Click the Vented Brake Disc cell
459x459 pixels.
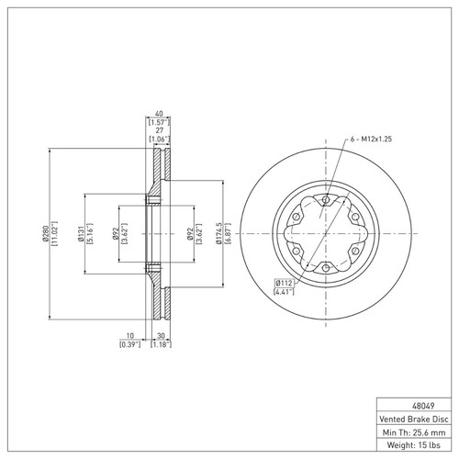click(416, 417)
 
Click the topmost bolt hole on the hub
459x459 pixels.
click(326, 198)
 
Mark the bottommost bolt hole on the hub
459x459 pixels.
click(326, 267)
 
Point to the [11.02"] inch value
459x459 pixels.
click(55, 233)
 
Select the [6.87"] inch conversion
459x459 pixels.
click(228, 233)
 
